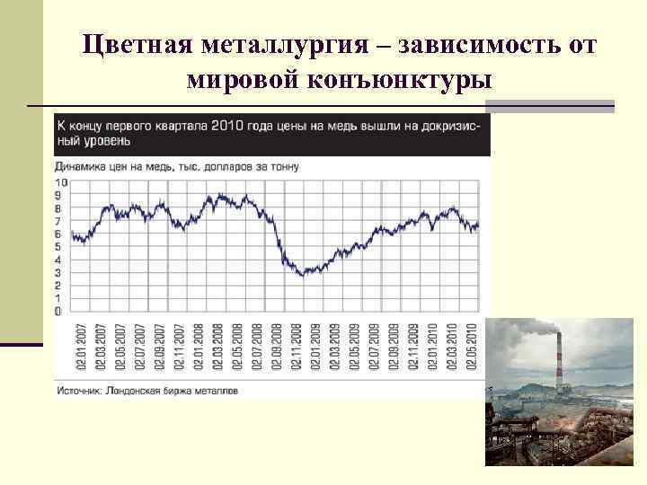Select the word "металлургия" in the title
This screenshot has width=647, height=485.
283,45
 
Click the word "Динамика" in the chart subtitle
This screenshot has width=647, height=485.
80,166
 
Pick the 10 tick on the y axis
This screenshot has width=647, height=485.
60,182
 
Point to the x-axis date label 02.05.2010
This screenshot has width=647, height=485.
472,348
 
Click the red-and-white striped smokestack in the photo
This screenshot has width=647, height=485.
558,368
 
